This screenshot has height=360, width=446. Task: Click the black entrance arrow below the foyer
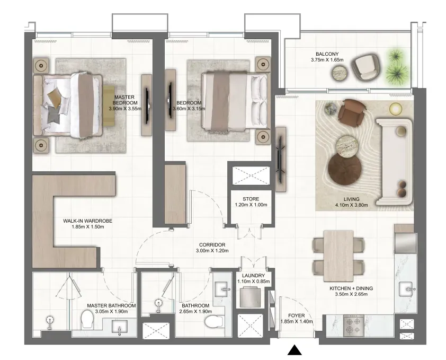[x=295, y=350]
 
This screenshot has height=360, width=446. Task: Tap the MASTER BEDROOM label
[x=124, y=100]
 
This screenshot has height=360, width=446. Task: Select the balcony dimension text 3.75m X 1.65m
[x=327, y=60]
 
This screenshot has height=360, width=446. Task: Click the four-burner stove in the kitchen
[x=353, y=325]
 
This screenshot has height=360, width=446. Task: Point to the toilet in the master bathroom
[x=87, y=319]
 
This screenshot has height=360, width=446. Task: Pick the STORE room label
[x=251, y=199]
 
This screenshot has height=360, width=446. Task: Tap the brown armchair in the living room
[x=351, y=112]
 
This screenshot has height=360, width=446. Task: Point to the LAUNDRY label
[x=253, y=276]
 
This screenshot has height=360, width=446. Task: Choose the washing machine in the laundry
[x=251, y=297]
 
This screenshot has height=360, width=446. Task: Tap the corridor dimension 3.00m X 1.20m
[x=212, y=251]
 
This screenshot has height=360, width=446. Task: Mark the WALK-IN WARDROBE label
[x=87, y=221]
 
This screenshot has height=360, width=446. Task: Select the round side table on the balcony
[x=340, y=73]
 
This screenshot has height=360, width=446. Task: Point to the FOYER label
[x=297, y=315]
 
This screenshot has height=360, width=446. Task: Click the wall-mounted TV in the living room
[x=280, y=160]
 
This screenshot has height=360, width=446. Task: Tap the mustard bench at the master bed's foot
[x=109, y=106]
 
